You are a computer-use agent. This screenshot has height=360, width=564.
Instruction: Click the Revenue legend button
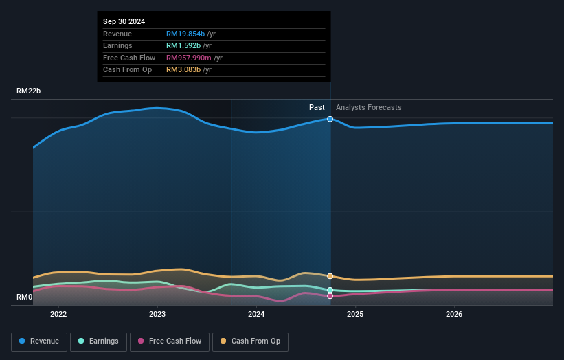39,341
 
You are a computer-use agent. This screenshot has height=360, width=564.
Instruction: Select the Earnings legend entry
98,341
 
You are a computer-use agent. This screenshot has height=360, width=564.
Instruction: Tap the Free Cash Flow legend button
169,341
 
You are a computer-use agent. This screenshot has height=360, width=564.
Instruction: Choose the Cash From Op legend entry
250,341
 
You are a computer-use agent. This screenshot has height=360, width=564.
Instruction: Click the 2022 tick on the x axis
58,315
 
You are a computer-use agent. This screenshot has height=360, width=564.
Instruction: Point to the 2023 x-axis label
157,315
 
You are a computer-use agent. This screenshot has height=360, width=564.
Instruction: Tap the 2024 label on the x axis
256,315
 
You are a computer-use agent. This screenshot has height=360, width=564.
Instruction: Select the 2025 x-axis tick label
355,315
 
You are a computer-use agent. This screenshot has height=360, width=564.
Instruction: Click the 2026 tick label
454,315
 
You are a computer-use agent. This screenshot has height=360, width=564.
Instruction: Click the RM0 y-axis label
25,297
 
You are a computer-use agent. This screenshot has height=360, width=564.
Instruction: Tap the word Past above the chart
317,107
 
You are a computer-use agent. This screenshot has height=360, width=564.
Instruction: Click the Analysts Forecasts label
368,107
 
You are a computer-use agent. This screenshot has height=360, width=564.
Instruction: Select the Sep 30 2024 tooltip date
124,22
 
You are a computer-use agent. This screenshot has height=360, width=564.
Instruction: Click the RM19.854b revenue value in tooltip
186,34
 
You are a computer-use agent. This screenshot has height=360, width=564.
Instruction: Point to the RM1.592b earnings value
184,46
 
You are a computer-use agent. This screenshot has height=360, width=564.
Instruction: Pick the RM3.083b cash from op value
184,69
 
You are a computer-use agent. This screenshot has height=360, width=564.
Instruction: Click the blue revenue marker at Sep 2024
330,119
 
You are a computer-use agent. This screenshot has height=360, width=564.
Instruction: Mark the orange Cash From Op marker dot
330,276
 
